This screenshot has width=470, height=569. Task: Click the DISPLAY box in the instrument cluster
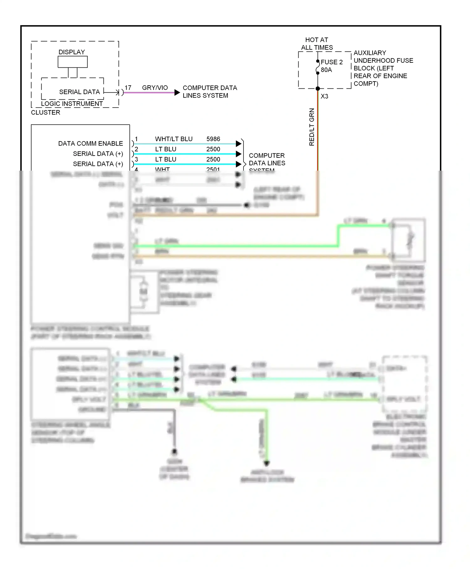(x=72, y=62)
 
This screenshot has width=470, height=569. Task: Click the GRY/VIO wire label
(x=155, y=88)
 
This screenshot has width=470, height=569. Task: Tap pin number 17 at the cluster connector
(x=128, y=88)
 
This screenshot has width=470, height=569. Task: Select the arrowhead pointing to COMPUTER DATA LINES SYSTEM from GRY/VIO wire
(x=177, y=93)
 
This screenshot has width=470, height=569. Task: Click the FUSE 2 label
(x=332, y=62)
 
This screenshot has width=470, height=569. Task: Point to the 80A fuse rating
(x=326, y=70)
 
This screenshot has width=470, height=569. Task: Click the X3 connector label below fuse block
(x=324, y=96)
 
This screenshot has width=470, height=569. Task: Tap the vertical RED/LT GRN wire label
(x=311, y=127)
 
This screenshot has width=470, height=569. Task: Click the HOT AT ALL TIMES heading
(x=317, y=44)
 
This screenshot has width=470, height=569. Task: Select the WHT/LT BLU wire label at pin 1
(x=174, y=139)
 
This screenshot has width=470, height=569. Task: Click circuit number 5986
(x=213, y=139)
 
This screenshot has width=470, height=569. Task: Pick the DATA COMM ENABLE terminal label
(x=91, y=144)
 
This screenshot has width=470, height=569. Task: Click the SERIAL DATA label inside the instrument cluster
(x=79, y=92)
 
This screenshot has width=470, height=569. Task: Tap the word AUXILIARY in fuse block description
(x=370, y=53)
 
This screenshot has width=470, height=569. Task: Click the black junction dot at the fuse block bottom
(x=318, y=89)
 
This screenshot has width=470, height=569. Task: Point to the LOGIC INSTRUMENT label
(x=72, y=104)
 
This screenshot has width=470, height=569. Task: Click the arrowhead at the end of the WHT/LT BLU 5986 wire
(x=238, y=144)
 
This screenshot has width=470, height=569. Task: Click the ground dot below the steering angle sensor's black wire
(x=174, y=452)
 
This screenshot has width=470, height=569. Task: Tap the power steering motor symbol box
(x=144, y=292)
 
